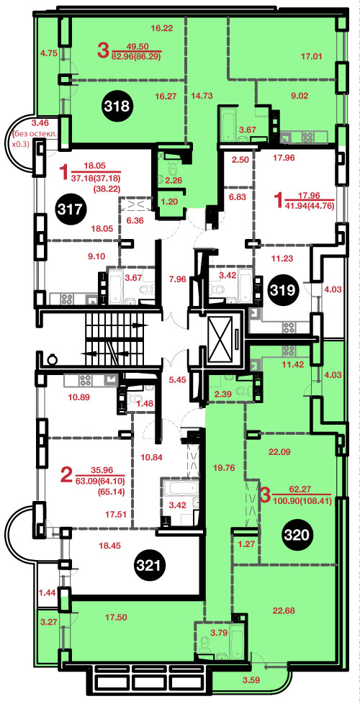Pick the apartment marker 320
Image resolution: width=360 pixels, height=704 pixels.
pos(297,534)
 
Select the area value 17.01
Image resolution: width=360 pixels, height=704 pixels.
pos(312,57)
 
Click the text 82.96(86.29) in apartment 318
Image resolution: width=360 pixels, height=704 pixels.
pos(137,57)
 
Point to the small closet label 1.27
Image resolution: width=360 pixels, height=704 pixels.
pos(245,546)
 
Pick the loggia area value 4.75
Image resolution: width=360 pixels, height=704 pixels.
pos(48,53)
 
